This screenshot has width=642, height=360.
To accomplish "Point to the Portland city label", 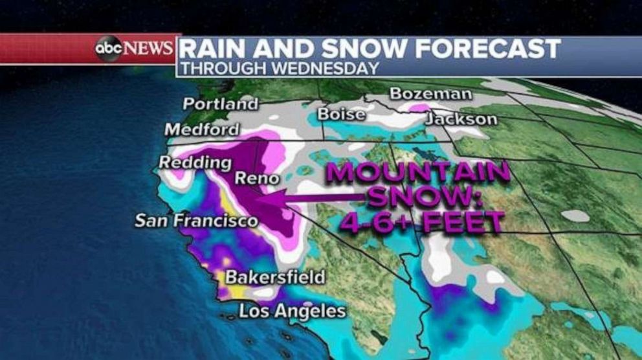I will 220,104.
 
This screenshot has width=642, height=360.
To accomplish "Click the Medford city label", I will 201,129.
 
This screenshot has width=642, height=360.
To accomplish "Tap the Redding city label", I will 195,163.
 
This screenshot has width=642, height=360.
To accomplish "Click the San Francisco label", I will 196,221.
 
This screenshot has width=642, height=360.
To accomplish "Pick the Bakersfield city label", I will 275,278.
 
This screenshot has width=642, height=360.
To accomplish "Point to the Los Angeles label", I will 293,311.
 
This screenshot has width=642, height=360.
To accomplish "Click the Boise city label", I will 341,115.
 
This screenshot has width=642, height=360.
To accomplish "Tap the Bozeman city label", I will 430,95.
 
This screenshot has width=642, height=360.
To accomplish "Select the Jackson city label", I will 461,119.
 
